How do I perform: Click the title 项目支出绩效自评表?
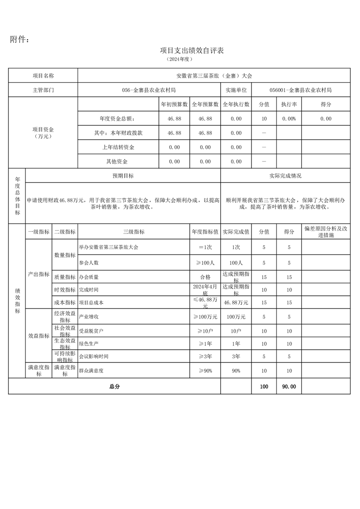pos(192,50)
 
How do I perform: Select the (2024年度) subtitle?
pos(180,59)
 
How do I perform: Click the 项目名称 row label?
pos(43,76)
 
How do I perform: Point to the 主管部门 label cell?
pos(43,90)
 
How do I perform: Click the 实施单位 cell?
pos(236,90)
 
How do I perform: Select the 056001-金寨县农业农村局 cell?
pos(300,90)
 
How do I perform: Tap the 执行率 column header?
pos(289,104)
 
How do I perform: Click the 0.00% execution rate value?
pos(289,119)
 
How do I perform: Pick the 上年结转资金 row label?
pos(118,147)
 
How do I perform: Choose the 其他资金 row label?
pos(118,162)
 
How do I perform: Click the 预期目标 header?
pos(123,176)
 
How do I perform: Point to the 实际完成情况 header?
pos(285,176)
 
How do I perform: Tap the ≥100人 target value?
pos(205,263)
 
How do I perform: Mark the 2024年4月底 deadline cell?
pos(205,289)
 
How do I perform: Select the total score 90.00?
pos(289,387)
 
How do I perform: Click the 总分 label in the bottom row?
pos(114,387)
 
